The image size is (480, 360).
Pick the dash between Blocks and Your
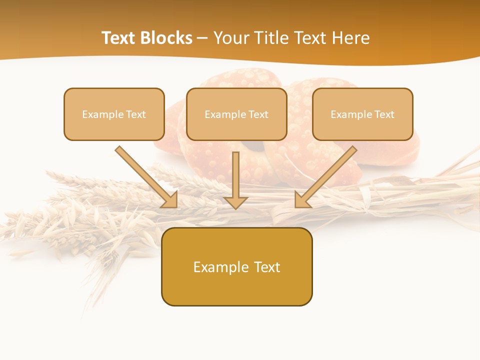coord(202,38)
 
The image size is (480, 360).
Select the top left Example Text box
coord(114,114)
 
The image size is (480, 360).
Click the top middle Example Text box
coord(236,114)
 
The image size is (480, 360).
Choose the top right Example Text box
coord(362,114)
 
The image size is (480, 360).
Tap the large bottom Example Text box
coord(236,266)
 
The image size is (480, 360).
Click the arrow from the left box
coord(145,175)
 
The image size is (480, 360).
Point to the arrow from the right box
coord(327,175)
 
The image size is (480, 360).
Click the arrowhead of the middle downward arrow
coord(235,202)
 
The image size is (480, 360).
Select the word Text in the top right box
coord(384,114)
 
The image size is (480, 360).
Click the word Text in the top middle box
coord(258,114)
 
